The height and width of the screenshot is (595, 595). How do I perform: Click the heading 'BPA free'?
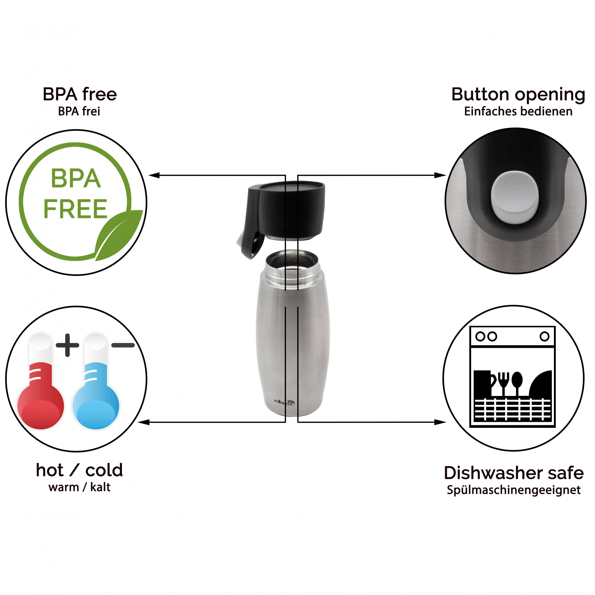coord(80,94)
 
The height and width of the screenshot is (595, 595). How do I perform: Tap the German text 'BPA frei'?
coord(79,112)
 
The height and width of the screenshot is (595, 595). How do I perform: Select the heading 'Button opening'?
coord(518,95)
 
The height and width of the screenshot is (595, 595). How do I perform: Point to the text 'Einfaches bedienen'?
coord(518,112)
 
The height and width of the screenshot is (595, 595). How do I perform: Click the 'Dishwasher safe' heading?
coord(514,473)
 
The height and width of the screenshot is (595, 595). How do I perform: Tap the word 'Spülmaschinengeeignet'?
coord(514,490)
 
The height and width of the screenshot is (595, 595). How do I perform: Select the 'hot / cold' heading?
coord(79,470)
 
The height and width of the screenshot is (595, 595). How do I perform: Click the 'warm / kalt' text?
coord(79,487)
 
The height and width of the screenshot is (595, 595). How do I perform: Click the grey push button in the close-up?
coord(515,198)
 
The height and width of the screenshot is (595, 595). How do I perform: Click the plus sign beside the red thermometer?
coord(68,345)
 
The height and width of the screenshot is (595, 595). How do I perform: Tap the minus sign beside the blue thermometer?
coord(123,345)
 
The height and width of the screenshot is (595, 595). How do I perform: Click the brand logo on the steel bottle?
coord(284,402)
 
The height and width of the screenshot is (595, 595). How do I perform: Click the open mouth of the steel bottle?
coord(292,261)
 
